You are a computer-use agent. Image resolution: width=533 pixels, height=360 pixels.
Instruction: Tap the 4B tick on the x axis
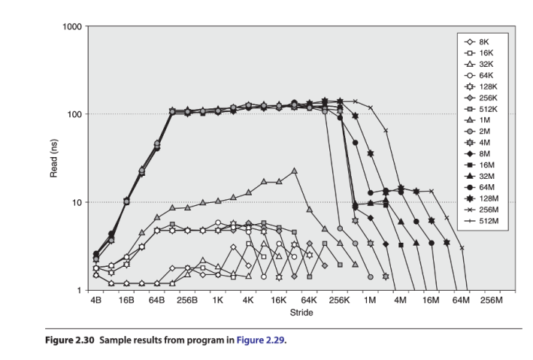[x=95, y=300]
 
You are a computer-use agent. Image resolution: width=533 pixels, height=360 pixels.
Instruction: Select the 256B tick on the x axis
[x=187, y=300]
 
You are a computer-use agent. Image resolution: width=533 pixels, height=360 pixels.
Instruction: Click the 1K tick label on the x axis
[x=218, y=300]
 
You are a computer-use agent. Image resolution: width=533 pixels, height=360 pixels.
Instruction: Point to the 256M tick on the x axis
[x=491, y=300]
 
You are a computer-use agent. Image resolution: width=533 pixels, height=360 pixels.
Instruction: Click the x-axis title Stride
[x=301, y=313]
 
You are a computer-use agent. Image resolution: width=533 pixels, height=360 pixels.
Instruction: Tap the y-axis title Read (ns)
[x=53, y=159]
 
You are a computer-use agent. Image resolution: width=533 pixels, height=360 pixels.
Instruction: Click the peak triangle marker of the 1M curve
[x=294, y=171]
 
